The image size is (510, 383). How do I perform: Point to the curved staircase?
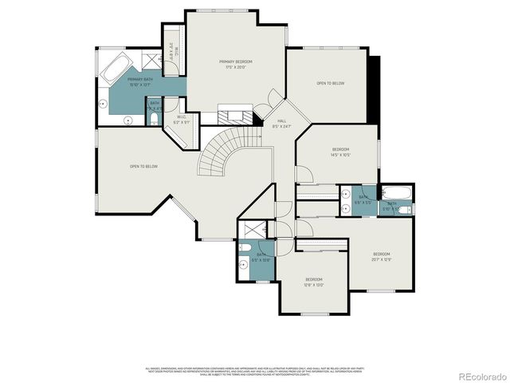pos(221,155)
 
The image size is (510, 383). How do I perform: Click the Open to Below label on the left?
pos(144,166)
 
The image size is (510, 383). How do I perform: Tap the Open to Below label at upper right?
pos(330,83)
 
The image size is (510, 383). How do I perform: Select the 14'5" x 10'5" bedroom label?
pos(340,152)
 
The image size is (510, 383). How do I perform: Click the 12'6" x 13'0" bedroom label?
pos(314,282)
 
